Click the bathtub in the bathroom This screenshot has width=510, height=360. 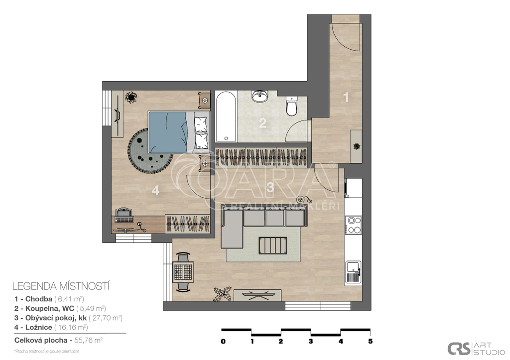[226, 116]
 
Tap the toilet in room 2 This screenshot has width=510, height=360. [291, 106]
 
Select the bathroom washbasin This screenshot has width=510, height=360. [259, 95]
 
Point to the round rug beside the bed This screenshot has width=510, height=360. [148, 151]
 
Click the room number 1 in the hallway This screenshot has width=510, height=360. [347, 98]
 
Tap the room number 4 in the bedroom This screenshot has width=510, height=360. [155, 190]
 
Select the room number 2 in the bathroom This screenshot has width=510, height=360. [262, 122]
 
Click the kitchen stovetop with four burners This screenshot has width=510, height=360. [354, 224]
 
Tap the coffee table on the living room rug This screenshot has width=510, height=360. [272, 245]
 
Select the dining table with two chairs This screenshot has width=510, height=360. [183, 272]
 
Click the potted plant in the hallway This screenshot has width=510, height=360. [357, 146]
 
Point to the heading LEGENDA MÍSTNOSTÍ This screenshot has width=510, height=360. [61, 286]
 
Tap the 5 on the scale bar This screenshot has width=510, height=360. [370, 342]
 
